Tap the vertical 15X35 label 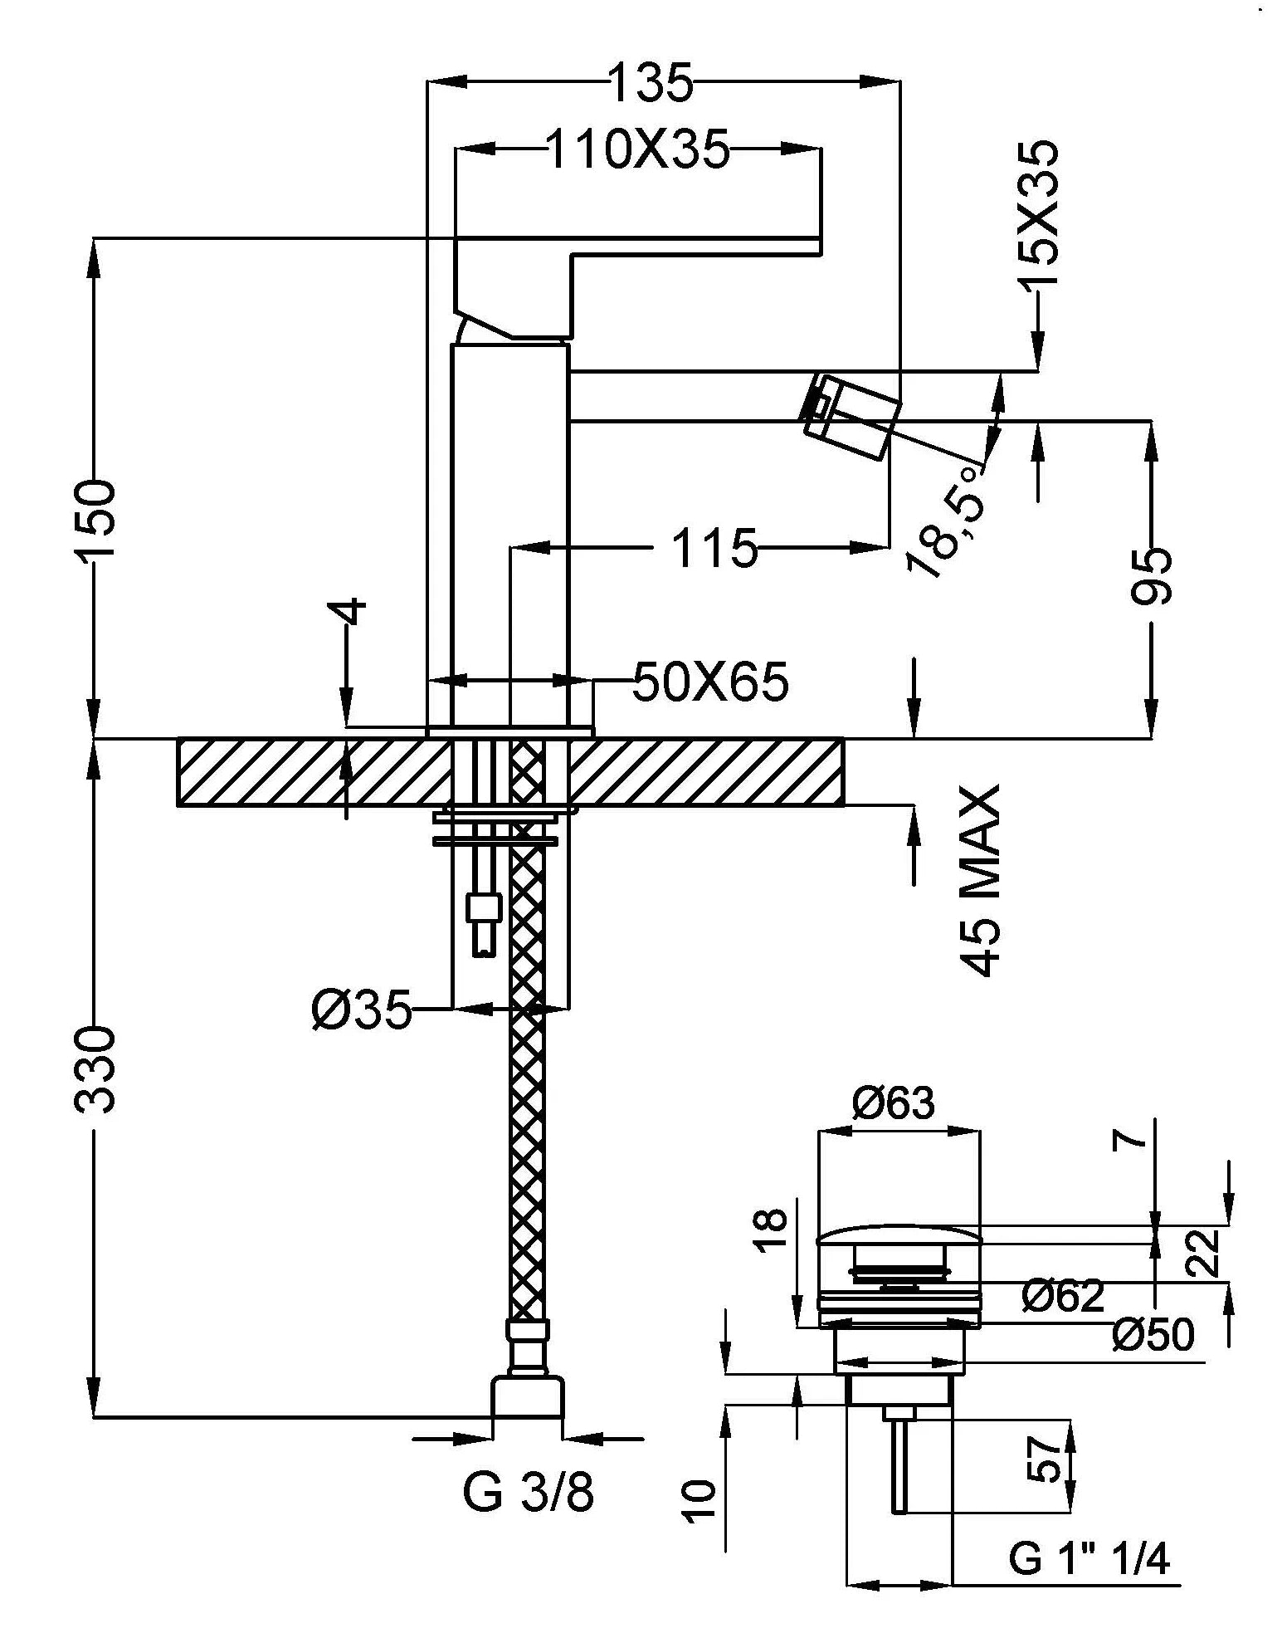(1038, 214)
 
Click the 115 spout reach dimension (714, 549)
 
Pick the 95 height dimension (1153, 575)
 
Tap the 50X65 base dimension (710, 682)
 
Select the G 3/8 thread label (528, 1494)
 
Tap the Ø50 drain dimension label (1153, 1334)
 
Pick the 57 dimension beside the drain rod (1048, 1459)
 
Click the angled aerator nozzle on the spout (851, 416)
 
